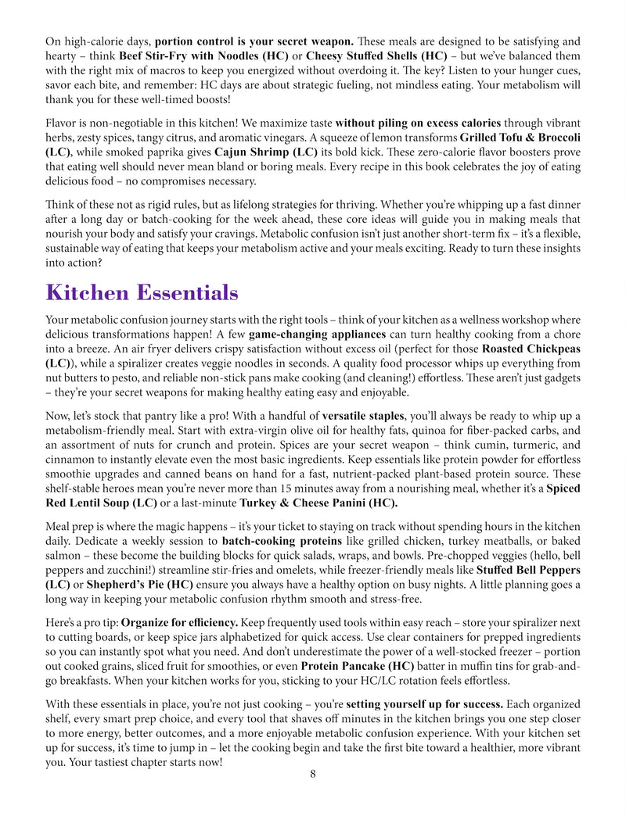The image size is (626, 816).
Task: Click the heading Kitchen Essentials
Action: [142, 292]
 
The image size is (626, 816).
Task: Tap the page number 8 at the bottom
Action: [312, 774]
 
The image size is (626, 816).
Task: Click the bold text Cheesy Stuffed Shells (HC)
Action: [376, 55]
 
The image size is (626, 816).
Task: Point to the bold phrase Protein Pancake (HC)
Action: [357, 666]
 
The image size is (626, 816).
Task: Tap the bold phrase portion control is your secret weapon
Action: [255, 41]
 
